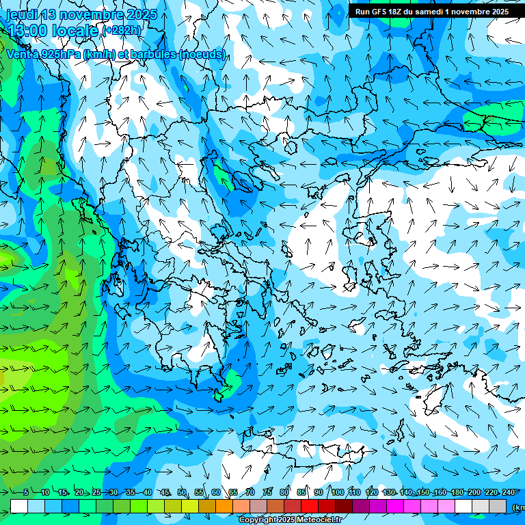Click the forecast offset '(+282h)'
[x=122, y=30]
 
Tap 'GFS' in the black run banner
[x=379, y=12]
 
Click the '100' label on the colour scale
[x=337, y=492]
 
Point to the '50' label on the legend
[x=181, y=492]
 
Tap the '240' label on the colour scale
[x=508, y=492]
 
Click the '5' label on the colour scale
[x=26, y=492]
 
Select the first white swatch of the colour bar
[x=19, y=506]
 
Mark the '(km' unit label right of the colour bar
[x=518, y=507]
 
